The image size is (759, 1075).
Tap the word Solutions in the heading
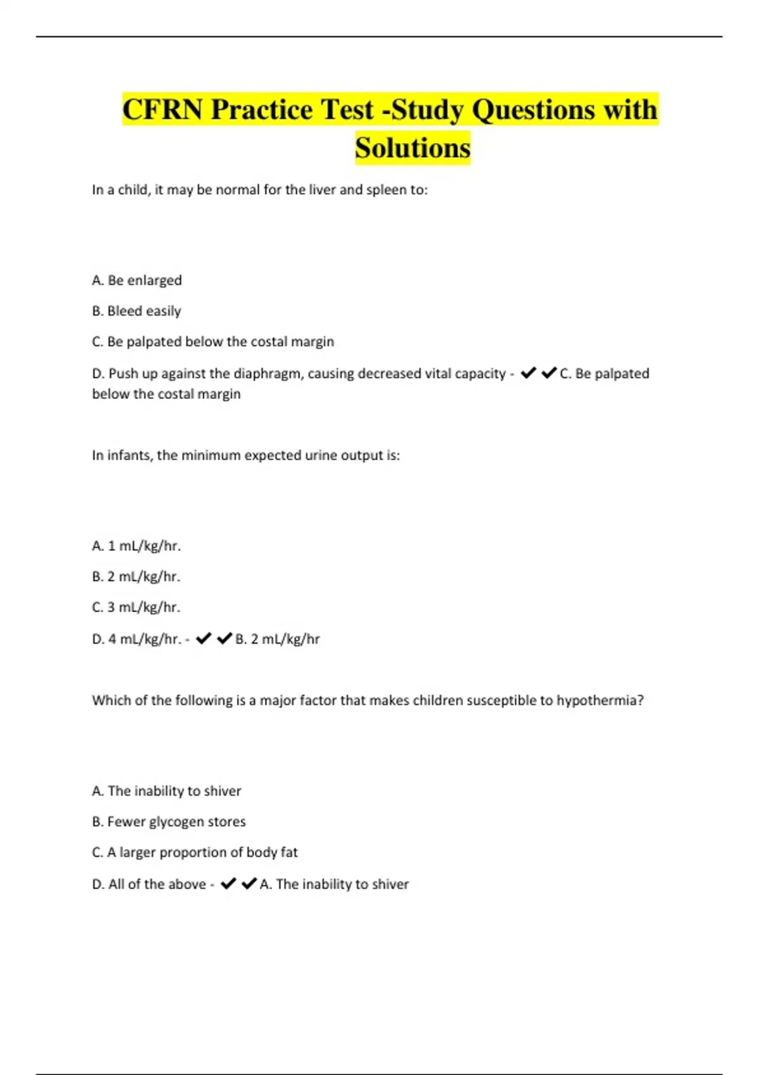point(412,148)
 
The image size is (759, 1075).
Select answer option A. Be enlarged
point(137,280)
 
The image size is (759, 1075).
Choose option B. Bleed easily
point(137,311)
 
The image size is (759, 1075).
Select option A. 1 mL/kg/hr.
point(137,546)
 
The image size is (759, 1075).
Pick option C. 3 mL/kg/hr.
point(137,607)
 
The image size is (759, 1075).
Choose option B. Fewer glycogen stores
point(169,821)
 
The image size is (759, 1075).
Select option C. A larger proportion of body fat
point(195,852)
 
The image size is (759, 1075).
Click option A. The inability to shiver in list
point(167,791)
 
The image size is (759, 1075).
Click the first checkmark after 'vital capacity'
point(528,374)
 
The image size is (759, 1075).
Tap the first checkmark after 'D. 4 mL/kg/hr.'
point(203,639)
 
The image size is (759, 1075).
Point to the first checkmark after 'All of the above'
point(228,883)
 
